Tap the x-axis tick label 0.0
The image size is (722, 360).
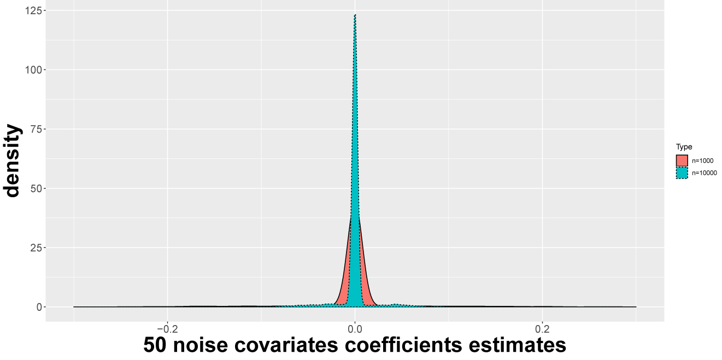(x=355, y=329)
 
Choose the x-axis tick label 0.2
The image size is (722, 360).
(x=542, y=329)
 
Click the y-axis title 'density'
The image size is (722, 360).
(x=12, y=160)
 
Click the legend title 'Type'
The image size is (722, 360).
(x=684, y=147)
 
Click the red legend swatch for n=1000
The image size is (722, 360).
(x=682, y=161)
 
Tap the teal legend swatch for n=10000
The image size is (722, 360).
(x=682, y=173)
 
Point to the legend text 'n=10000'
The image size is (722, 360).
(x=704, y=173)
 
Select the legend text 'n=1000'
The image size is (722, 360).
(x=702, y=161)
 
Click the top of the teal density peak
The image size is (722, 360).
(x=355, y=15)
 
